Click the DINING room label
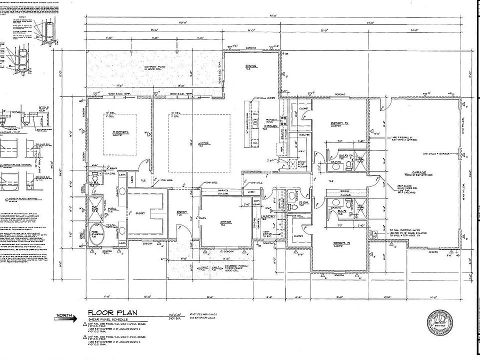[x=250, y=67]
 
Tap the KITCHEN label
[x=271, y=126]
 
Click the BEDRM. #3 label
[x=338, y=123]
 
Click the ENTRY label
[x=181, y=212]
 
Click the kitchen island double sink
[x=255, y=121]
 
